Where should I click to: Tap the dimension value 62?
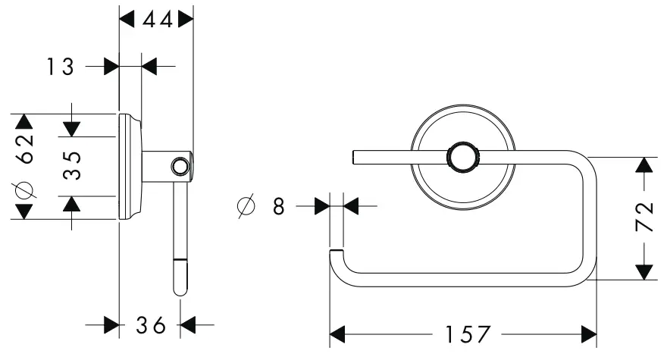click(x=25, y=148)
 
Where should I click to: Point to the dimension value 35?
click(x=71, y=164)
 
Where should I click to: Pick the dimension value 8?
click(x=279, y=205)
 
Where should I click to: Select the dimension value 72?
click(x=644, y=218)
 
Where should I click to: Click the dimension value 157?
click(x=462, y=334)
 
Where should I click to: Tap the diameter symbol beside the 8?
click(x=246, y=205)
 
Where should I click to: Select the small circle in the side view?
click(x=180, y=166)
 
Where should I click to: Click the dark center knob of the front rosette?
click(x=462, y=158)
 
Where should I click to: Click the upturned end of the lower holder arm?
click(x=337, y=252)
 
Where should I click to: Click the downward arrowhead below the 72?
click(x=644, y=271)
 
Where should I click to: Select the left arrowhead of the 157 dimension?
click(x=338, y=334)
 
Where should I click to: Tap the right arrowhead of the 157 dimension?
click(x=588, y=334)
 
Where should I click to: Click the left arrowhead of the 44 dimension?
click(x=127, y=20)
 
